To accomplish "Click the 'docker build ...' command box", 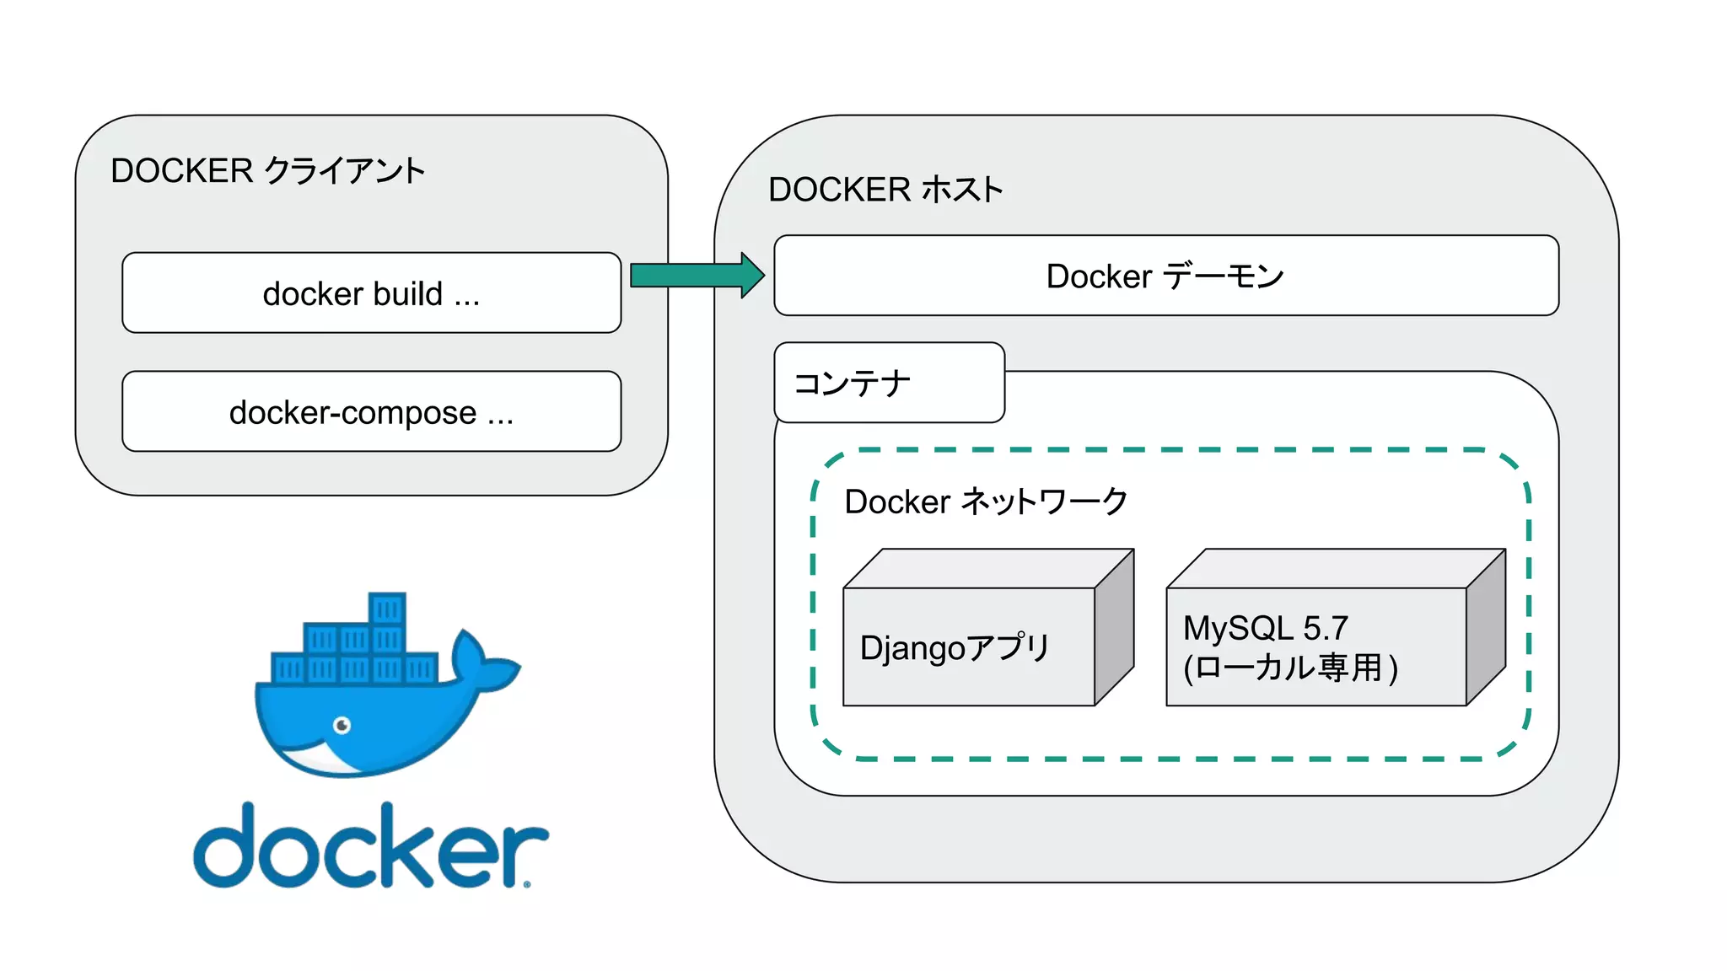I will (x=371, y=292).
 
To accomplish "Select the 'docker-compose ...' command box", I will (x=371, y=411).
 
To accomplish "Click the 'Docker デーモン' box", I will (x=1165, y=276).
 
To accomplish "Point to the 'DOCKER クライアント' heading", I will (x=267, y=170).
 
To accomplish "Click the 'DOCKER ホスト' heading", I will (x=885, y=190).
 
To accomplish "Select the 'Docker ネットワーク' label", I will (x=986, y=502).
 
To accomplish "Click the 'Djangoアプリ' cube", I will (x=968, y=646).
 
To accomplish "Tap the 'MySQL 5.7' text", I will (x=1265, y=628).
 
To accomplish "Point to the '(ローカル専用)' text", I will (x=1290, y=668).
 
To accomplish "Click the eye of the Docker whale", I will (x=342, y=725).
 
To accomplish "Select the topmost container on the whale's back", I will (x=387, y=609).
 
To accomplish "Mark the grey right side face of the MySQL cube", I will (x=1486, y=628).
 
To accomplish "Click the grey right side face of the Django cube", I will (x=1114, y=628).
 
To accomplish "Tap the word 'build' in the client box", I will (x=408, y=293).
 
